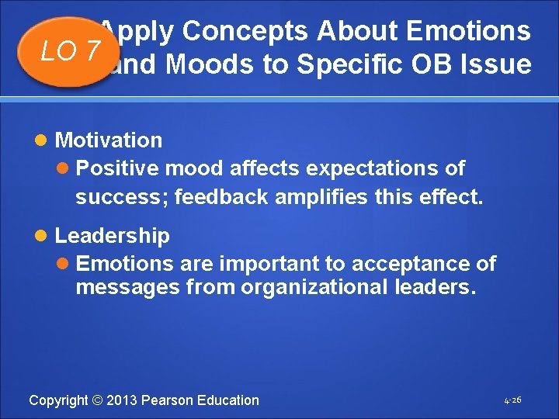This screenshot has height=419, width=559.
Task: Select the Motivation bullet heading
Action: pos(109,140)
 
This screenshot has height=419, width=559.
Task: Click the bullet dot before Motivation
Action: pos(45,141)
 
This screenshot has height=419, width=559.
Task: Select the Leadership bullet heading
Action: pos(112,235)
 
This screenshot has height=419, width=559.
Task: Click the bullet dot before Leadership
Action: pos(45,236)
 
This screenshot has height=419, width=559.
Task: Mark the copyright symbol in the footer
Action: pos(98,400)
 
